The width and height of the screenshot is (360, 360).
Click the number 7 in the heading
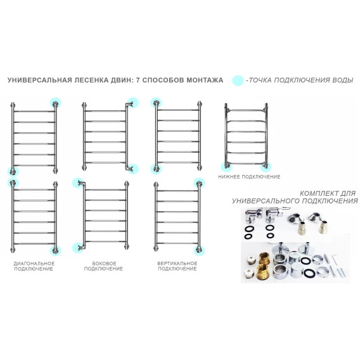[x=138, y=80]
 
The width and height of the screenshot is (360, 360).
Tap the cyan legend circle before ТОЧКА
[x=238, y=80]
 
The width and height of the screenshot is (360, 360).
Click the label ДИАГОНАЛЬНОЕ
[x=34, y=263]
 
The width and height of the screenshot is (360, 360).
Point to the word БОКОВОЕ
[x=104, y=263]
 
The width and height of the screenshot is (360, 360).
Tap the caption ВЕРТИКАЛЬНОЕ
[x=177, y=263]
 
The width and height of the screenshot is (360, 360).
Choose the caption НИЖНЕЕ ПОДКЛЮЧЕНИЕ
[x=249, y=177]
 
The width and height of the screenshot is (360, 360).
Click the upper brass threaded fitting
[x=265, y=258]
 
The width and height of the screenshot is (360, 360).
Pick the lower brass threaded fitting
[x=263, y=272]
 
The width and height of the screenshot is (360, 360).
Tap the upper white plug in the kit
[x=250, y=259]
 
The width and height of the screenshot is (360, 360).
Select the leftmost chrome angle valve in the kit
[x=252, y=215]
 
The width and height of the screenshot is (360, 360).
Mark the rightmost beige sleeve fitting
[x=323, y=227]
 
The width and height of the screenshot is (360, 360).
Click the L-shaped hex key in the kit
[x=334, y=259]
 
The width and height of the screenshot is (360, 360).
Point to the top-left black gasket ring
[x=248, y=229]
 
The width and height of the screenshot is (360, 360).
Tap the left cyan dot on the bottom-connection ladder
[x=226, y=167]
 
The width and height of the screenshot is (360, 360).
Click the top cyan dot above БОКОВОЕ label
[x=78, y=183]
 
